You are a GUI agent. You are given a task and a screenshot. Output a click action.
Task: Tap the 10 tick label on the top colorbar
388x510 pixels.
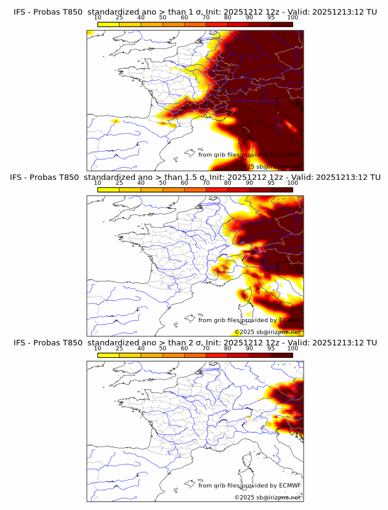pyautogui.click(x=98, y=18)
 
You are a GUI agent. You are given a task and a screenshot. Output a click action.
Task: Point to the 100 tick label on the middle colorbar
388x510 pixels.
pyautogui.click(x=293, y=183)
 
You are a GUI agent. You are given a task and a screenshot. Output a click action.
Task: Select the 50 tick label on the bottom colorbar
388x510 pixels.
pyautogui.click(x=163, y=348)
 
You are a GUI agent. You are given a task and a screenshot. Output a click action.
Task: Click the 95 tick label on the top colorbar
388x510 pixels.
pyautogui.click(x=271, y=18)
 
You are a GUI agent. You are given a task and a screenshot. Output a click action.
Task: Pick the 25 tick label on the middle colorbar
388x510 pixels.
pyautogui.click(x=119, y=183)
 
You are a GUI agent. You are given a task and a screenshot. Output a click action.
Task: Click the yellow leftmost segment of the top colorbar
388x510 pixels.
pyautogui.click(x=108, y=24)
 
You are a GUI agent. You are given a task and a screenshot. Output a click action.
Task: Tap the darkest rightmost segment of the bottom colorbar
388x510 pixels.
pyautogui.click(x=281, y=355)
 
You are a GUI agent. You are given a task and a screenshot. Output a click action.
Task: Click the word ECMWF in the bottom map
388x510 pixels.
pyautogui.click(x=289, y=485)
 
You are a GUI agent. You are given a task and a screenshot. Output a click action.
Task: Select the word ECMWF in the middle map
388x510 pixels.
pyautogui.click(x=289, y=320)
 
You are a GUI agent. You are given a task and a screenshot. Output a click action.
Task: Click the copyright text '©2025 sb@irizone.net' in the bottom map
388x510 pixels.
pyautogui.click(x=267, y=497)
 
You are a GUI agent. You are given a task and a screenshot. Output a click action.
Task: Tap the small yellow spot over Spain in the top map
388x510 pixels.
pyautogui.click(x=115, y=121)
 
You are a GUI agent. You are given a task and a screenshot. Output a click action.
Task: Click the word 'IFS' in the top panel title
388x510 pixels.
pyautogui.click(x=21, y=12)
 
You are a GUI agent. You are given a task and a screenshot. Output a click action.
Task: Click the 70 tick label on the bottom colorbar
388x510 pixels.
pyautogui.click(x=206, y=348)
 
